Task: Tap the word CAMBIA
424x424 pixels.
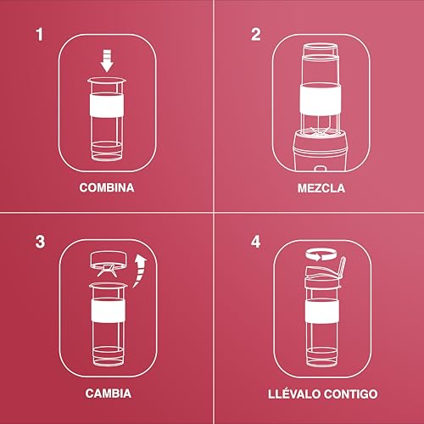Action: click(107, 394)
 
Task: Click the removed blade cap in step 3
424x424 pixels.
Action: click(107, 260)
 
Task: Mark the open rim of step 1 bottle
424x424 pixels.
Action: click(107, 79)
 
